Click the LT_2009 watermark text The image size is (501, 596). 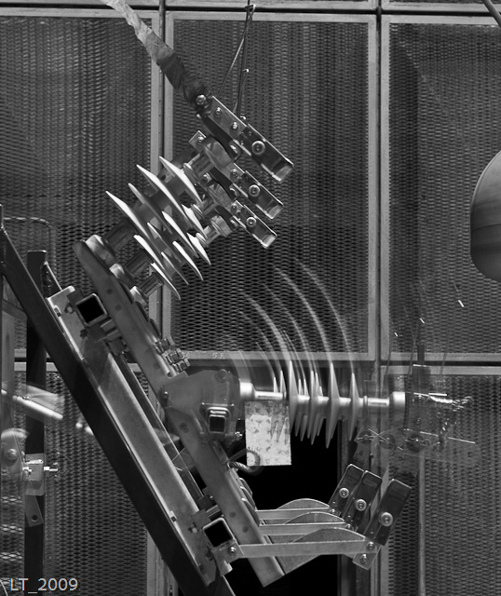pos(44,585)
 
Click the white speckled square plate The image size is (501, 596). pos(268,433)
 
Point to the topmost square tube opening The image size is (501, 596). pos(91,309)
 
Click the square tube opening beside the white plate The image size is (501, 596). pos(217,422)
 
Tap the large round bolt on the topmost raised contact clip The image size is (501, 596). pos(258,147)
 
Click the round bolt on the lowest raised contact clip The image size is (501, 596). pos(250,222)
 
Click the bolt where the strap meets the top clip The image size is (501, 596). pos(200,100)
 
